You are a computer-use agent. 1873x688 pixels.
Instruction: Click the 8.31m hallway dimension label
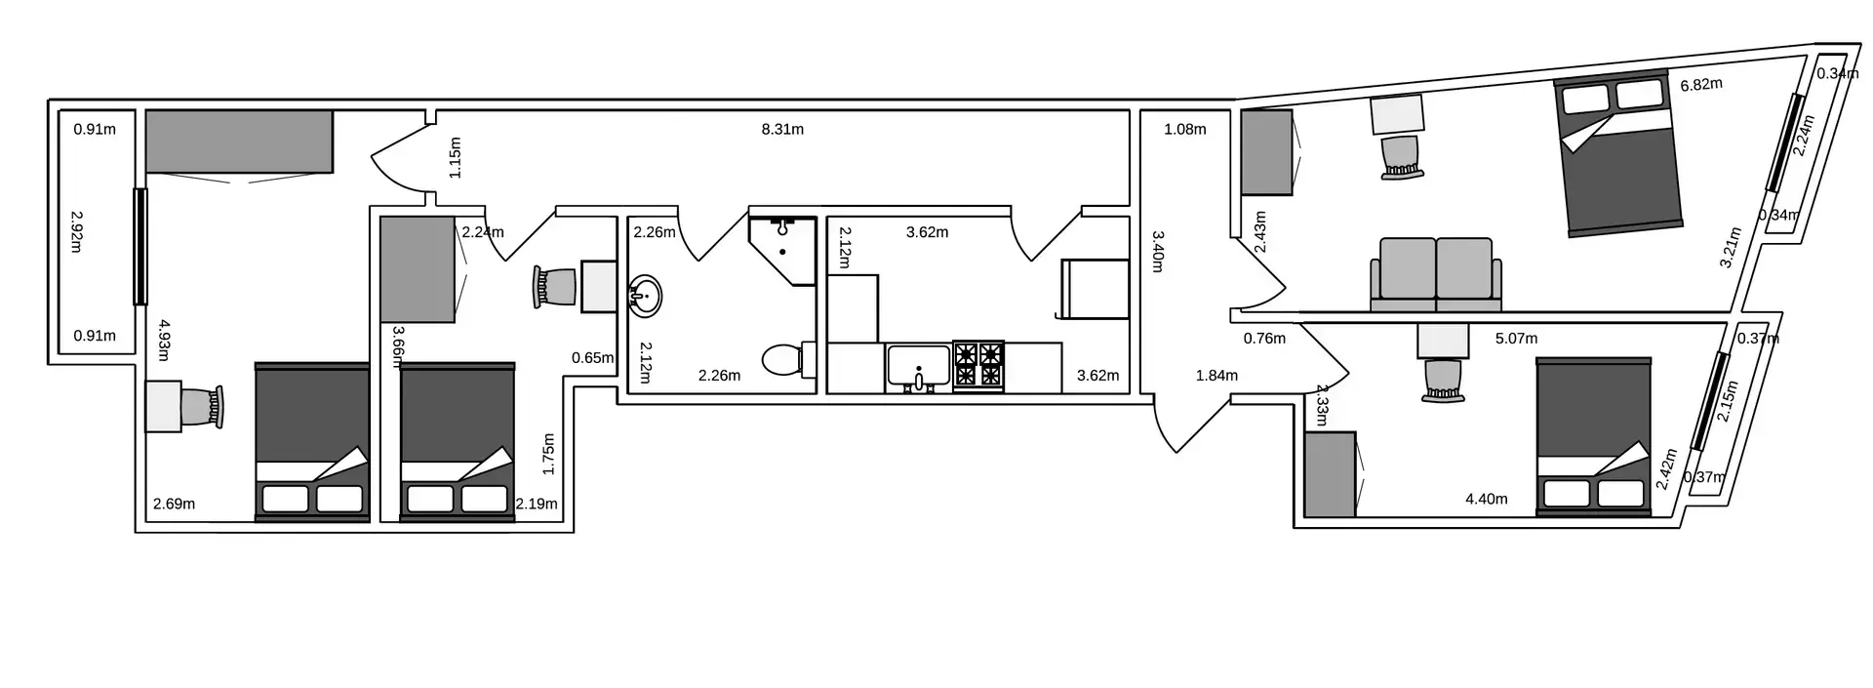click(782, 129)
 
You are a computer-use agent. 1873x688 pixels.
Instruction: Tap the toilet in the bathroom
click(787, 359)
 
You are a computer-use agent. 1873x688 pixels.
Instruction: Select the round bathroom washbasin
click(644, 295)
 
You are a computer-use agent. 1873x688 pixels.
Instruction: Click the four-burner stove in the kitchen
click(978, 366)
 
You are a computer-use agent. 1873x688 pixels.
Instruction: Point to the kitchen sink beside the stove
click(918, 367)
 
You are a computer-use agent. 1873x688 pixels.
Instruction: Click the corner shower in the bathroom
click(782, 250)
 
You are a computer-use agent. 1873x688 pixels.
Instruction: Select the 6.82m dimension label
click(1701, 85)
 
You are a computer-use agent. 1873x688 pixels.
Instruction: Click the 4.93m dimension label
click(165, 341)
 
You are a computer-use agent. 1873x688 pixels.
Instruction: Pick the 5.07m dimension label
click(1516, 339)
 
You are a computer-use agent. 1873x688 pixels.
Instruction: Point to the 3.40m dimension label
click(1158, 251)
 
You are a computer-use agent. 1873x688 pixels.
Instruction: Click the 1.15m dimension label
click(455, 157)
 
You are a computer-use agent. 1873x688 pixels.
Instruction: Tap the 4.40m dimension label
click(1487, 499)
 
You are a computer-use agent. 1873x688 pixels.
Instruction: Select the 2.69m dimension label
click(174, 504)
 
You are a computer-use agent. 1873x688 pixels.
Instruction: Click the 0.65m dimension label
click(593, 357)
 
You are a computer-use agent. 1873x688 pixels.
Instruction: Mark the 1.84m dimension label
click(1216, 375)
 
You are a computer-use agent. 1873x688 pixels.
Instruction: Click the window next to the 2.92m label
click(140, 246)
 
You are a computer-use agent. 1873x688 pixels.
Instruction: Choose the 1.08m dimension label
click(1185, 129)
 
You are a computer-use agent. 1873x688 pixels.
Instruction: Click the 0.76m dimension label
click(1264, 339)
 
